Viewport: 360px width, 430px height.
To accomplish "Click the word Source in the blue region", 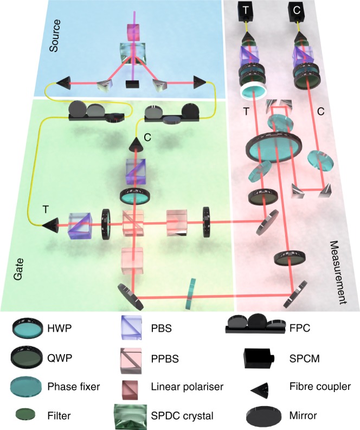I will (54, 39).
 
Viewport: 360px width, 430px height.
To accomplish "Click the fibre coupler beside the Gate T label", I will (50, 222).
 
